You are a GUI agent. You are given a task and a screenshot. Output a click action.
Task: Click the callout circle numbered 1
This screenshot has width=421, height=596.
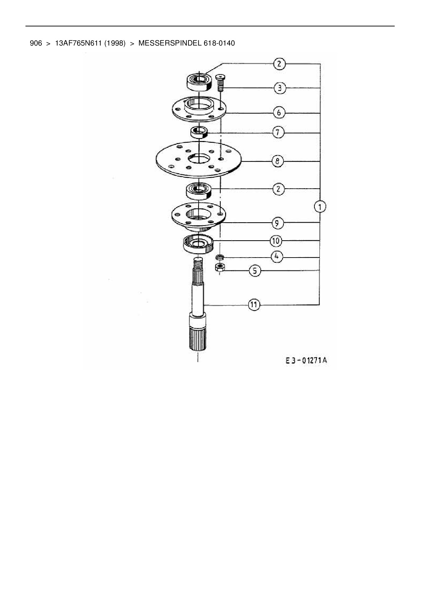320,206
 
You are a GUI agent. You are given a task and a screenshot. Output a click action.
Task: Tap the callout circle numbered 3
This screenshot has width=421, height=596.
279,88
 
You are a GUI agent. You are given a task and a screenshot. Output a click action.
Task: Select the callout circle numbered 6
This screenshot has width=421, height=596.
279,112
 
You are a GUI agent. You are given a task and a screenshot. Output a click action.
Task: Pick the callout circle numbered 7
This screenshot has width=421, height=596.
278,132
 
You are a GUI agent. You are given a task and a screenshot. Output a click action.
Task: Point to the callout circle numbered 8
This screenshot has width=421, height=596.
278,161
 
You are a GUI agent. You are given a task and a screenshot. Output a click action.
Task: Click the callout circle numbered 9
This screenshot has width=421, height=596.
277,223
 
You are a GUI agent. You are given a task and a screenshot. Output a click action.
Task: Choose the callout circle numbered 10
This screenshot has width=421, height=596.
276,241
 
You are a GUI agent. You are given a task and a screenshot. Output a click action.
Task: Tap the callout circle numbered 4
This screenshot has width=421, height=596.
276,257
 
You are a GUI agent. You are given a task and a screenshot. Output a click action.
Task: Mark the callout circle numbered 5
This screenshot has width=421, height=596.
255,271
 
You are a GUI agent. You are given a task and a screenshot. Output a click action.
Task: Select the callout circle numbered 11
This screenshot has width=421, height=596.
254,305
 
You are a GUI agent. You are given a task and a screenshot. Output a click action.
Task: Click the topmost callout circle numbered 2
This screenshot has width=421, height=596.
279,64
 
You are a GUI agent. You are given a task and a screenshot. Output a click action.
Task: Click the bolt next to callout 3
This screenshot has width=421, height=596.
220,83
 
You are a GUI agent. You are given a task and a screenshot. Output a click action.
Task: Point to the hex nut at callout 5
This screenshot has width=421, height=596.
219,267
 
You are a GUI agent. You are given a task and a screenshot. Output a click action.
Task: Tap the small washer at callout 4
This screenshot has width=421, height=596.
220,257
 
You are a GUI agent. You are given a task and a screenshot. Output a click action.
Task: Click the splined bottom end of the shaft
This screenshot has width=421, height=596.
197,338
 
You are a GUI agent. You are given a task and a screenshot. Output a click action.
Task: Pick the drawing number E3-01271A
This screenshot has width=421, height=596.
306,360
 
